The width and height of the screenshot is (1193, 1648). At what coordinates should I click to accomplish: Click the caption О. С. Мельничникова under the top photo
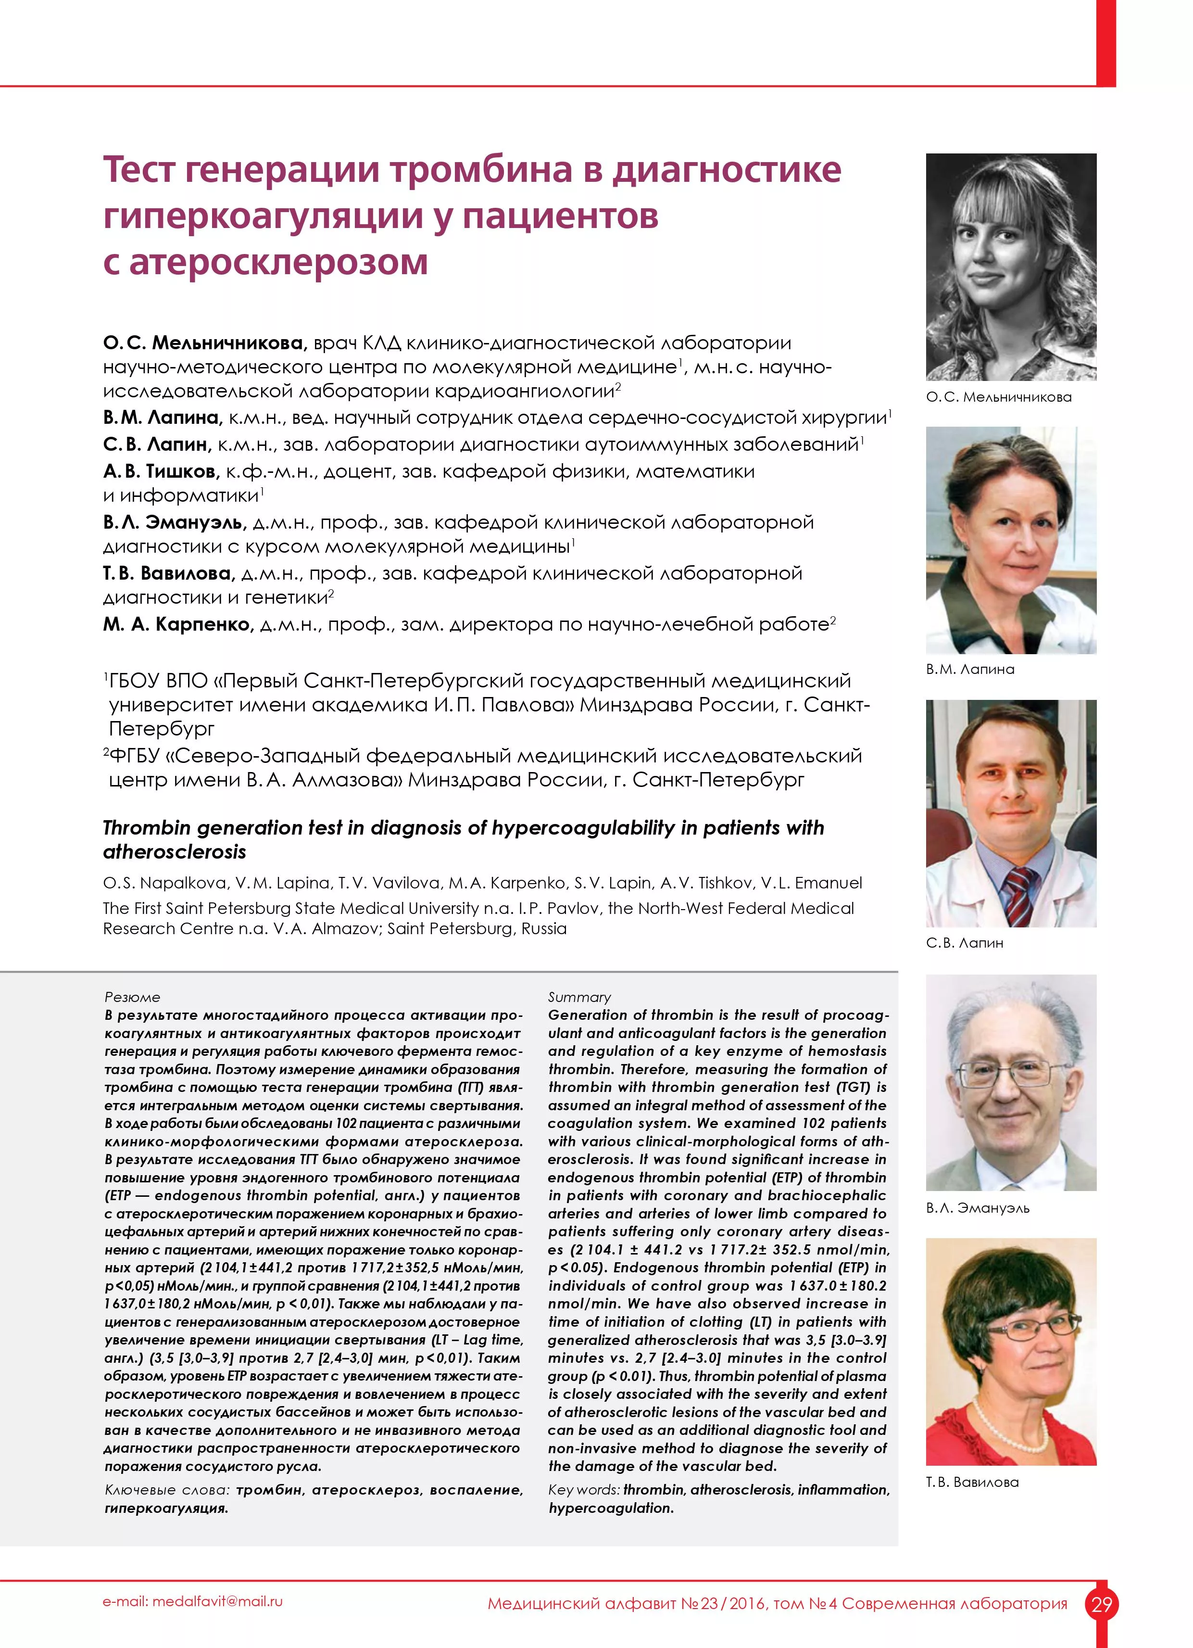click(998, 397)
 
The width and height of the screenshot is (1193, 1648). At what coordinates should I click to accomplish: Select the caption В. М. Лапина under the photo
click(970, 669)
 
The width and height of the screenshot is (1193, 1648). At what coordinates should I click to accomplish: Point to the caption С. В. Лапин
click(964, 942)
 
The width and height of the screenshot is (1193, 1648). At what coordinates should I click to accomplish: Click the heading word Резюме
click(132, 997)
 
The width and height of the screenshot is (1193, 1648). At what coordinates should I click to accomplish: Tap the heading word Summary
click(579, 997)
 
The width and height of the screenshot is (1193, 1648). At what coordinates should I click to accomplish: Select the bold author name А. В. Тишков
click(161, 471)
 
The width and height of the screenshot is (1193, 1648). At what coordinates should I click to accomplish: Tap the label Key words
click(583, 1490)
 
